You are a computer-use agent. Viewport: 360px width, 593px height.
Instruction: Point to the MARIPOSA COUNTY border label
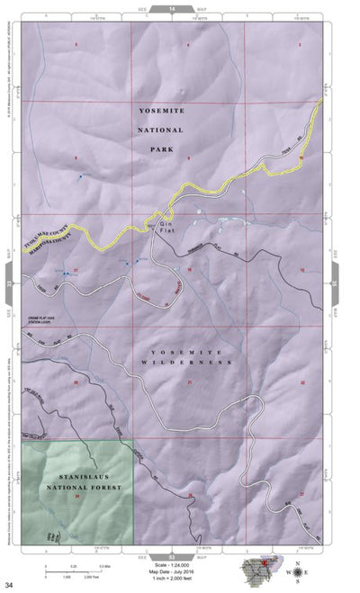49,237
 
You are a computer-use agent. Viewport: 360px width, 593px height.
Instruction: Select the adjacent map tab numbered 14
171,7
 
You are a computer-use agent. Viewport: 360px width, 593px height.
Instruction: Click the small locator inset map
262,571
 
